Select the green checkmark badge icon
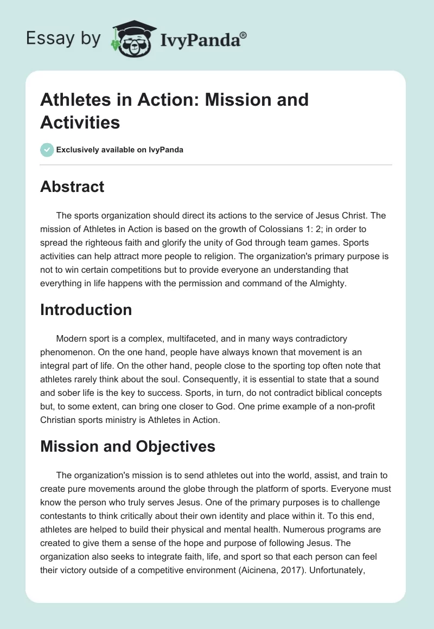(47, 150)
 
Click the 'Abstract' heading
(72, 187)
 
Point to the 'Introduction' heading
(86, 310)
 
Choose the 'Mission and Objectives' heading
(127, 446)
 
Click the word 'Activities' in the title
(80, 123)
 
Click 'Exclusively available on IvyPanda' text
(120, 150)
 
